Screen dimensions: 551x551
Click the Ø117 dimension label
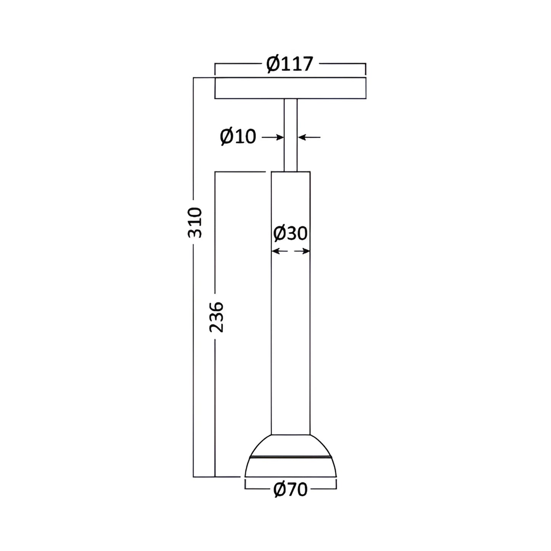tap(290, 64)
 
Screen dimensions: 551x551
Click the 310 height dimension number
tap(195, 223)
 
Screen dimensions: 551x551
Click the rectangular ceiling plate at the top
tap(290, 88)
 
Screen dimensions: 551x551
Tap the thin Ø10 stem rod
tap(291, 135)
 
